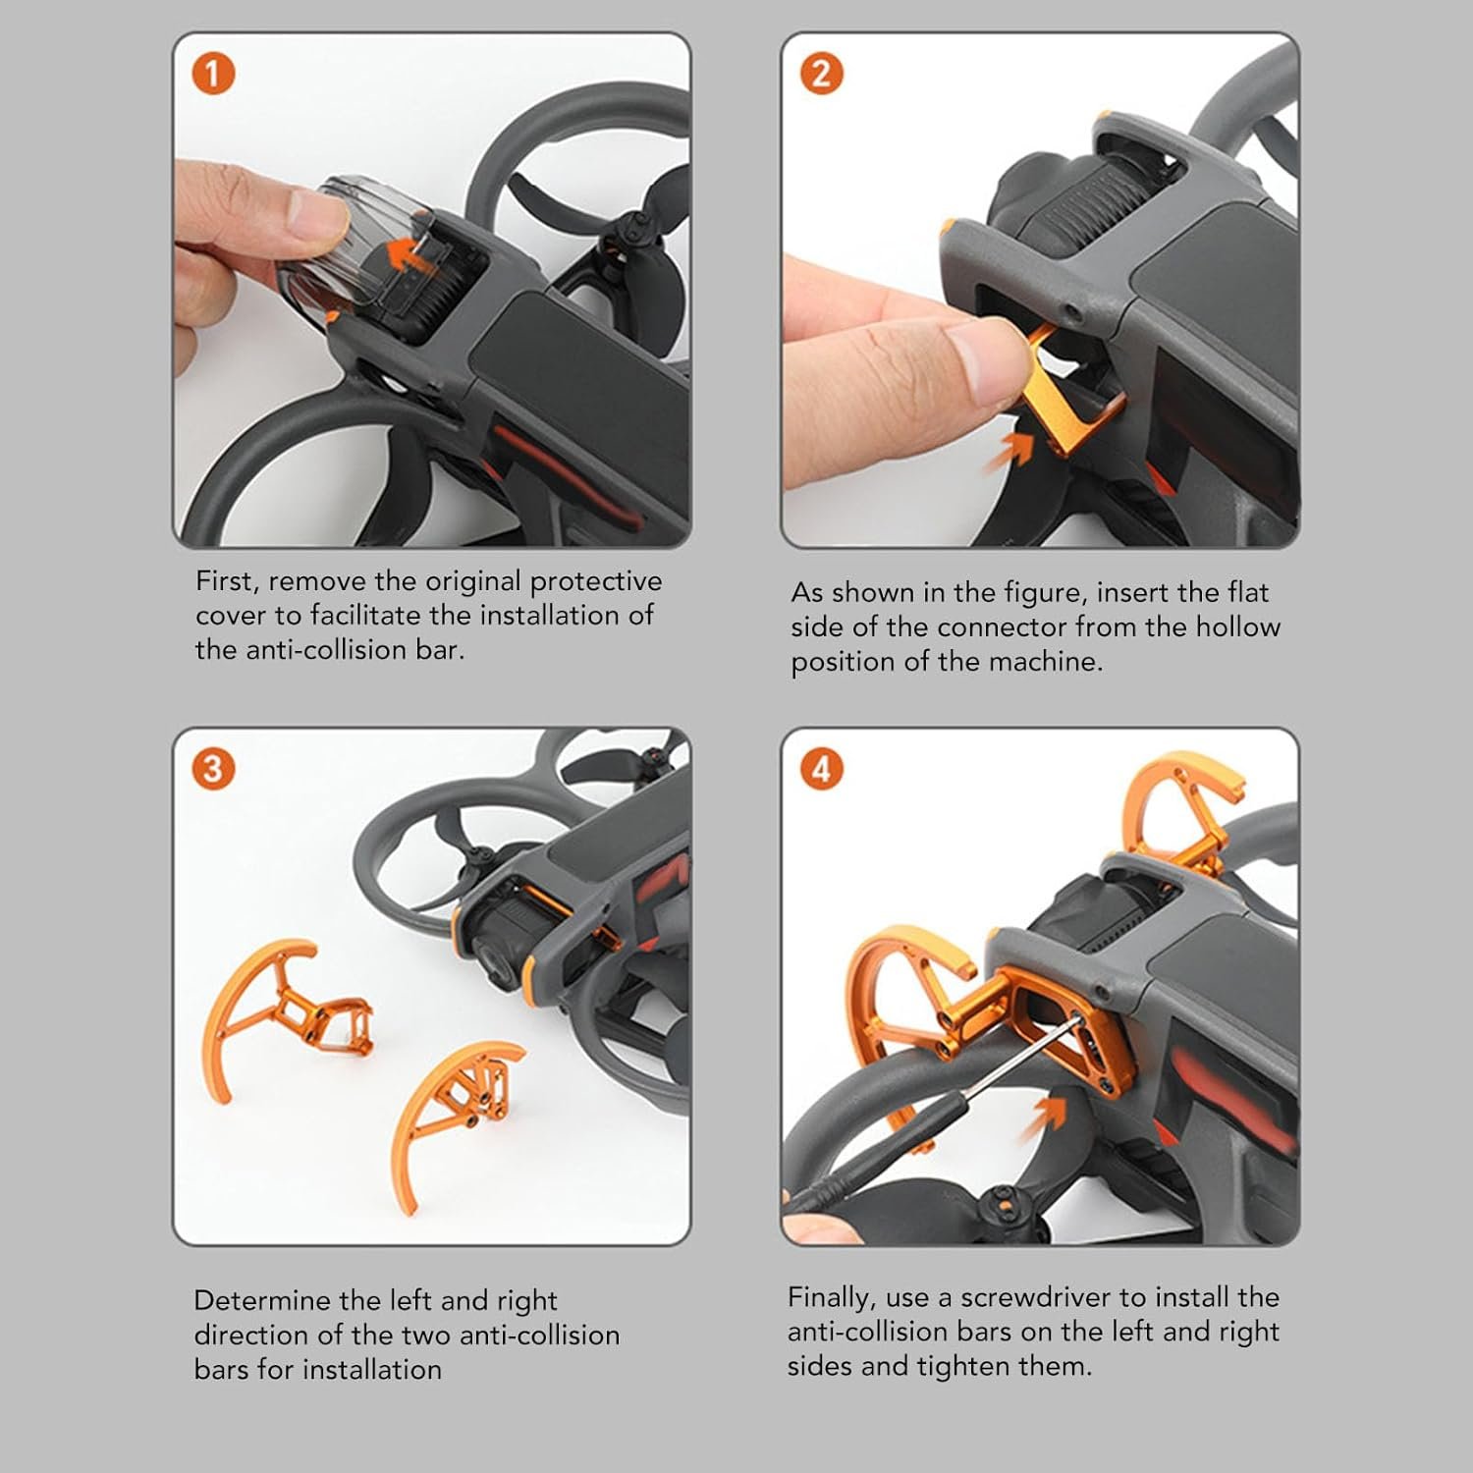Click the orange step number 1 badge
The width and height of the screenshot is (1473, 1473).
tap(214, 75)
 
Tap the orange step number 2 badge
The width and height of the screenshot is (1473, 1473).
tap(822, 74)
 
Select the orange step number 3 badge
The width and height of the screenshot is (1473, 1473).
tap(213, 769)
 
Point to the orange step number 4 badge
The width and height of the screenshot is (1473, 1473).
tap(822, 769)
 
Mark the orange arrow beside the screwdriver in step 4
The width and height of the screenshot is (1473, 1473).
tap(1050, 1116)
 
